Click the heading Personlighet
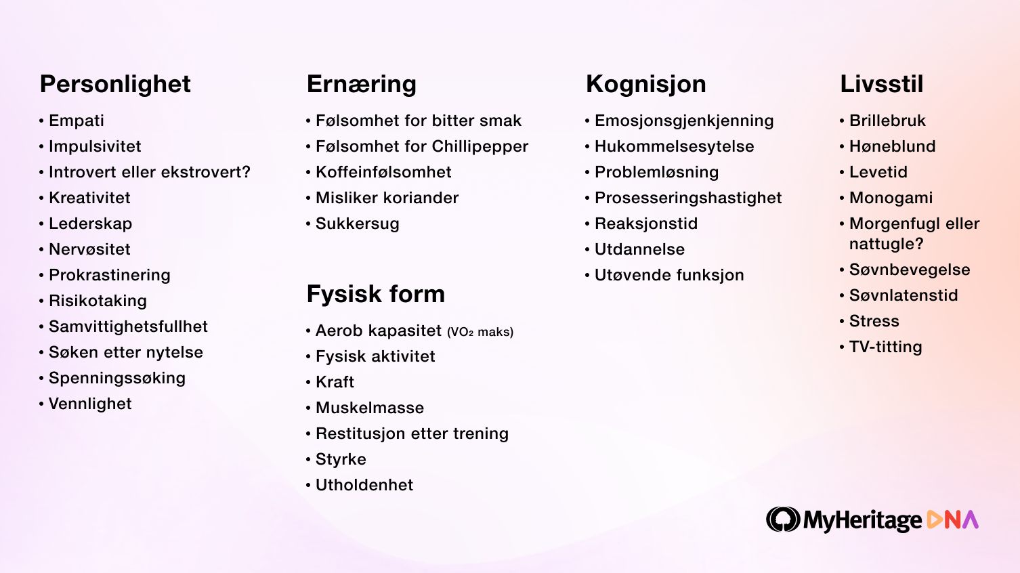coord(115,84)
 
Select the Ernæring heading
coord(362,84)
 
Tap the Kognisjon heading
coord(645,84)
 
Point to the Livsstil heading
coord(882,84)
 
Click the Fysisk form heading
coord(376,294)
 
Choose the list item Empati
coord(77,121)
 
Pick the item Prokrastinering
coord(109,275)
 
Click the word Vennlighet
coord(90,404)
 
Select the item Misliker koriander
coord(387,198)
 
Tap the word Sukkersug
coord(358,224)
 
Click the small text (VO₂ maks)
coord(480,332)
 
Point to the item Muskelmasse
coord(370,408)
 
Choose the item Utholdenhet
coord(364,485)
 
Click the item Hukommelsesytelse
coord(675,147)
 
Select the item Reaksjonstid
coord(646,224)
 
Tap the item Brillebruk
coord(887,121)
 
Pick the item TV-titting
coord(886,347)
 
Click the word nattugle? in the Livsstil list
coord(886,244)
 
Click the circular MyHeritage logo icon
coord(783,519)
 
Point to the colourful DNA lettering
coord(952,519)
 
